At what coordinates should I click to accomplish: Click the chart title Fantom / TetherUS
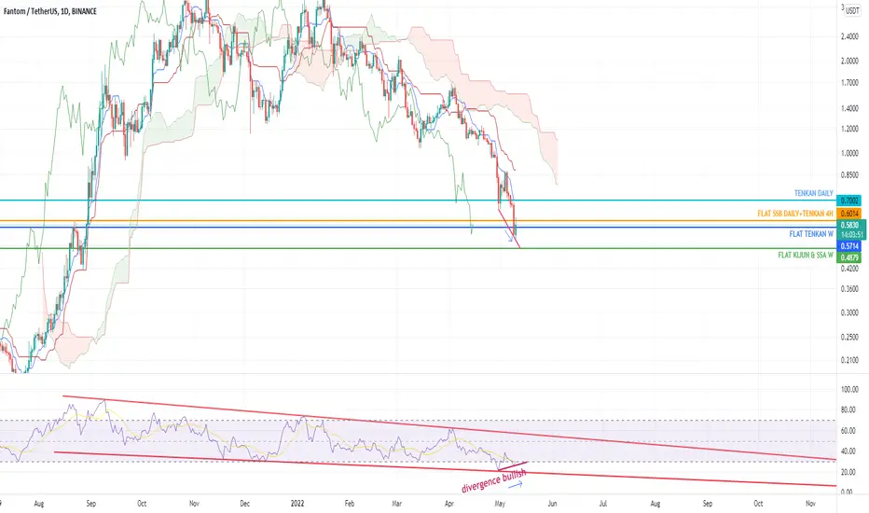(27, 11)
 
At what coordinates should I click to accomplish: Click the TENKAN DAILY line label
(814, 193)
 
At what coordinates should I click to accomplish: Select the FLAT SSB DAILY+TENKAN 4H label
(795, 214)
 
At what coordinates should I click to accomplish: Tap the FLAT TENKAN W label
(811, 234)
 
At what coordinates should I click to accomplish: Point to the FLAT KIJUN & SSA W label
(806, 256)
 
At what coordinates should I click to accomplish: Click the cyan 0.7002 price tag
(849, 201)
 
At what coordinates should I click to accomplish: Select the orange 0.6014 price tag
(849, 214)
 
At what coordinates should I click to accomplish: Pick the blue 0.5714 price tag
(849, 245)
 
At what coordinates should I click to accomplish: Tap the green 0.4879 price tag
(849, 257)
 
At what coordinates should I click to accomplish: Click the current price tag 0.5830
(849, 225)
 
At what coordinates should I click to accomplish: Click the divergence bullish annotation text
(493, 480)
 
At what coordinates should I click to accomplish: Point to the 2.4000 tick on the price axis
(849, 36)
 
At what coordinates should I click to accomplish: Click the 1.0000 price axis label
(849, 153)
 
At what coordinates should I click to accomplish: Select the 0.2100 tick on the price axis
(849, 360)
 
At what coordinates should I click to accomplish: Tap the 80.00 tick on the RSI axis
(848, 409)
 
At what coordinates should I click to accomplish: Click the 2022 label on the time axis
(297, 504)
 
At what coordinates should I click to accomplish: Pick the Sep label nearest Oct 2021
(90, 504)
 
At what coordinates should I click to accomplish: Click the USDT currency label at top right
(852, 10)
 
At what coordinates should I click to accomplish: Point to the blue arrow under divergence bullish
(516, 485)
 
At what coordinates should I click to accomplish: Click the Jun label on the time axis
(552, 504)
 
